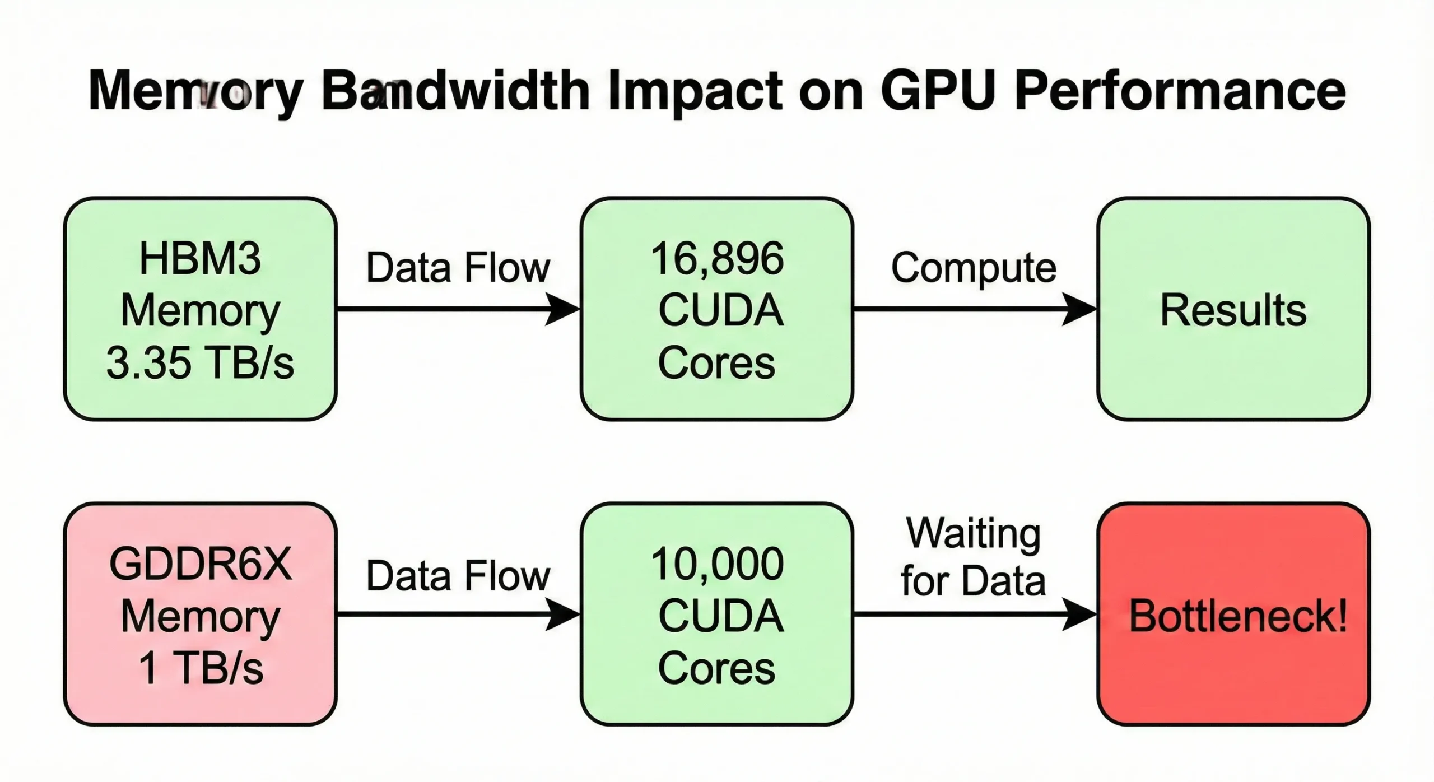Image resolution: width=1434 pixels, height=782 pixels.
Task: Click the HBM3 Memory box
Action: point(200,308)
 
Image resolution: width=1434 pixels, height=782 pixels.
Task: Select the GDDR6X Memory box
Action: point(200,614)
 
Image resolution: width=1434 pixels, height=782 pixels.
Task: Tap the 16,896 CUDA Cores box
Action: point(717,308)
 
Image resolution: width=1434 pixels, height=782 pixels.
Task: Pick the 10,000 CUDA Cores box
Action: point(717,614)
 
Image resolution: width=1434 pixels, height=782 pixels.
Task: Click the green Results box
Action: point(1233,308)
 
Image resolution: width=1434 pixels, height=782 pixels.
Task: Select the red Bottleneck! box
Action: point(1233,614)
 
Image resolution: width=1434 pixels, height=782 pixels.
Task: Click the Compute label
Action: point(974,268)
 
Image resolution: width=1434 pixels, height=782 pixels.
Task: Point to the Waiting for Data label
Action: point(974,557)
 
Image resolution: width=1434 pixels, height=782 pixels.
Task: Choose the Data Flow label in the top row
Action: point(458,268)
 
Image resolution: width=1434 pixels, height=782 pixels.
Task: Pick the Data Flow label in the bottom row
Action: point(458,576)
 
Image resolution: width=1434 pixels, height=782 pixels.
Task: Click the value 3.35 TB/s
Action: point(200,362)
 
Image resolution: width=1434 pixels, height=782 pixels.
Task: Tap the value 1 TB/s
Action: point(200,668)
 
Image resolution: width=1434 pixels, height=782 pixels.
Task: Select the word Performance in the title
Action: point(1180,91)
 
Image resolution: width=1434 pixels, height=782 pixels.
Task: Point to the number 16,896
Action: point(717,259)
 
